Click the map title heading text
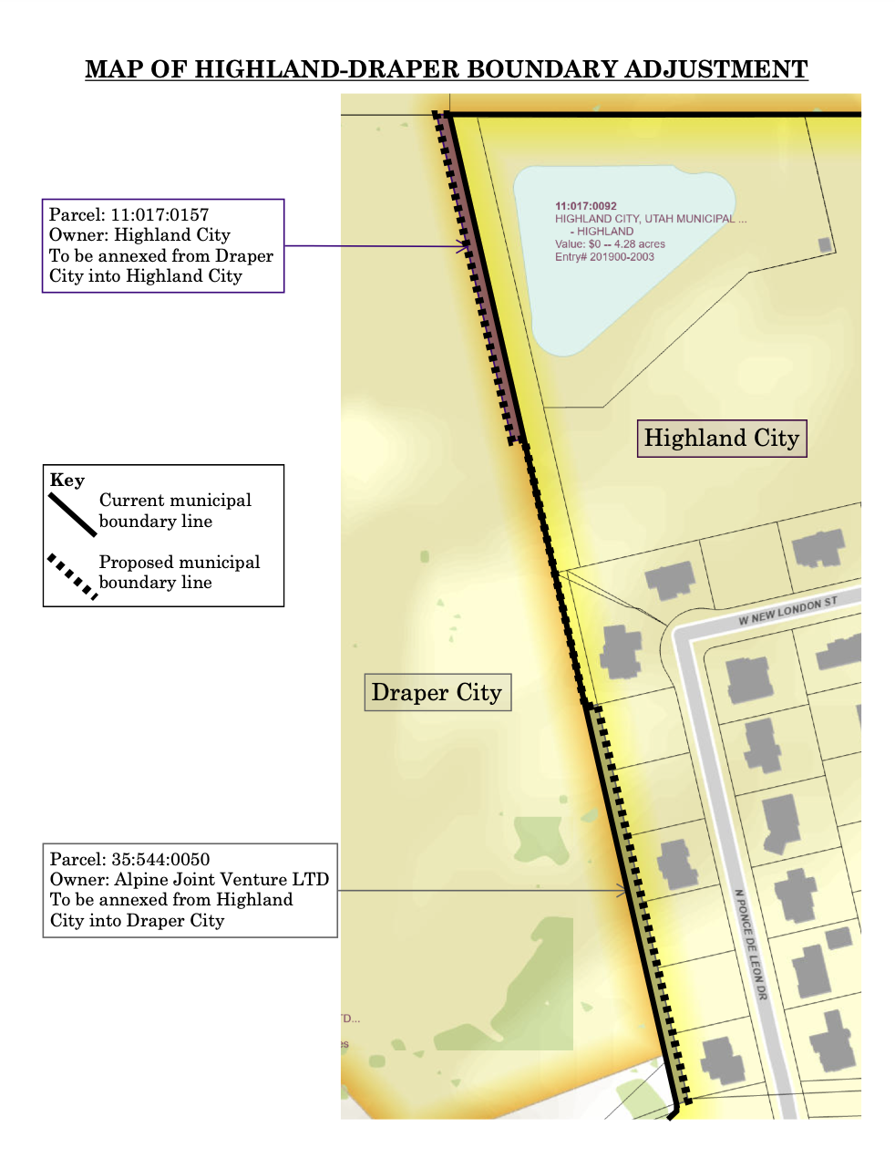(x=447, y=69)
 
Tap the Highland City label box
(x=722, y=439)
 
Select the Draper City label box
(x=437, y=693)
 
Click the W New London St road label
(x=787, y=612)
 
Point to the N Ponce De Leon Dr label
(x=751, y=945)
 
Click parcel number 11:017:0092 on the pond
(x=586, y=206)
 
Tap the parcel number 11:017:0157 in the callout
(x=160, y=215)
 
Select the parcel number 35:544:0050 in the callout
(x=160, y=859)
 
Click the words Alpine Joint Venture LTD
(x=221, y=879)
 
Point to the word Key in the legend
(x=67, y=481)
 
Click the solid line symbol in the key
(x=72, y=514)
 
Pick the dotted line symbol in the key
(x=72, y=575)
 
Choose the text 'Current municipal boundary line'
(x=175, y=511)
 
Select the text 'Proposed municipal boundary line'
(x=180, y=573)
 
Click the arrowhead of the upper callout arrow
(x=467, y=245)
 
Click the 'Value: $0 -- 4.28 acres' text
(x=610, y=244)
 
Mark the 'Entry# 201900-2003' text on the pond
(x=604, y=257)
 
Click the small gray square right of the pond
(x=825, y=244)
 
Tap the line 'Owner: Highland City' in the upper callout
(x=139, y=235)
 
